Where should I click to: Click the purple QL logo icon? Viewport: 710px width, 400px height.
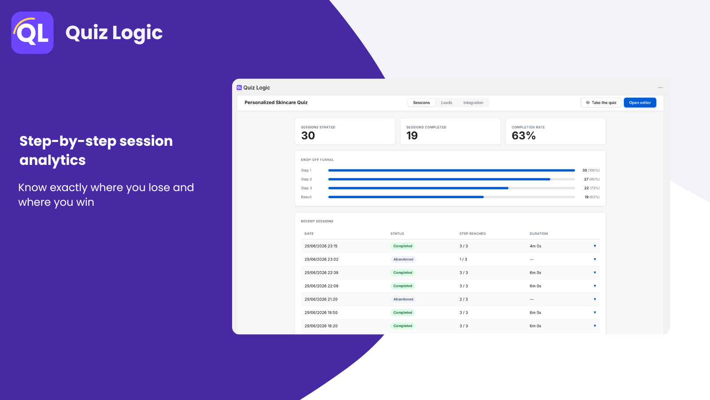32,33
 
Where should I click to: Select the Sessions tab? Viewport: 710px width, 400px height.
421,103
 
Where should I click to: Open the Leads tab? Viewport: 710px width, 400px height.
446,103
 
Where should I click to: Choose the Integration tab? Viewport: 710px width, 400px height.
473,103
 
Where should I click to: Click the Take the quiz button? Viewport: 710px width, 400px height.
601,103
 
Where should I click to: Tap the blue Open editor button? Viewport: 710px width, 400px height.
640,103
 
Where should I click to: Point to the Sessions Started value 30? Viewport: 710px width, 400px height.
308,136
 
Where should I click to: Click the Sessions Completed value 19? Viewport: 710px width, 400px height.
412,136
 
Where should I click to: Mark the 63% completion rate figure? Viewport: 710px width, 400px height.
524,136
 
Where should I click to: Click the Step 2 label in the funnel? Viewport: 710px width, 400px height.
306,179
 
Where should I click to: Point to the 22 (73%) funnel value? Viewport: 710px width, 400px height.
592,188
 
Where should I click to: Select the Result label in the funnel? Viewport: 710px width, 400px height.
306,197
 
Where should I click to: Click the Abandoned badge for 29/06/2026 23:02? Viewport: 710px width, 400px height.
403,260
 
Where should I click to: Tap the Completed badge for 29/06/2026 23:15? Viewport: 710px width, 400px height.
402,246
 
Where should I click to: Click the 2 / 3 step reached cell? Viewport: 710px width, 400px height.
463,300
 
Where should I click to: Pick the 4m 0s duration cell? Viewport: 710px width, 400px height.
535,246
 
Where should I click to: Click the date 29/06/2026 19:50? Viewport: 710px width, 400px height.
321,313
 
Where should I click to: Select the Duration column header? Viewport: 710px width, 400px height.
539,234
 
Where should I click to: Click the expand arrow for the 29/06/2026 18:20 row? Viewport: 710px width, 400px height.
595,326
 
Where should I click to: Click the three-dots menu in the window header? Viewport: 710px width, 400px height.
660,88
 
